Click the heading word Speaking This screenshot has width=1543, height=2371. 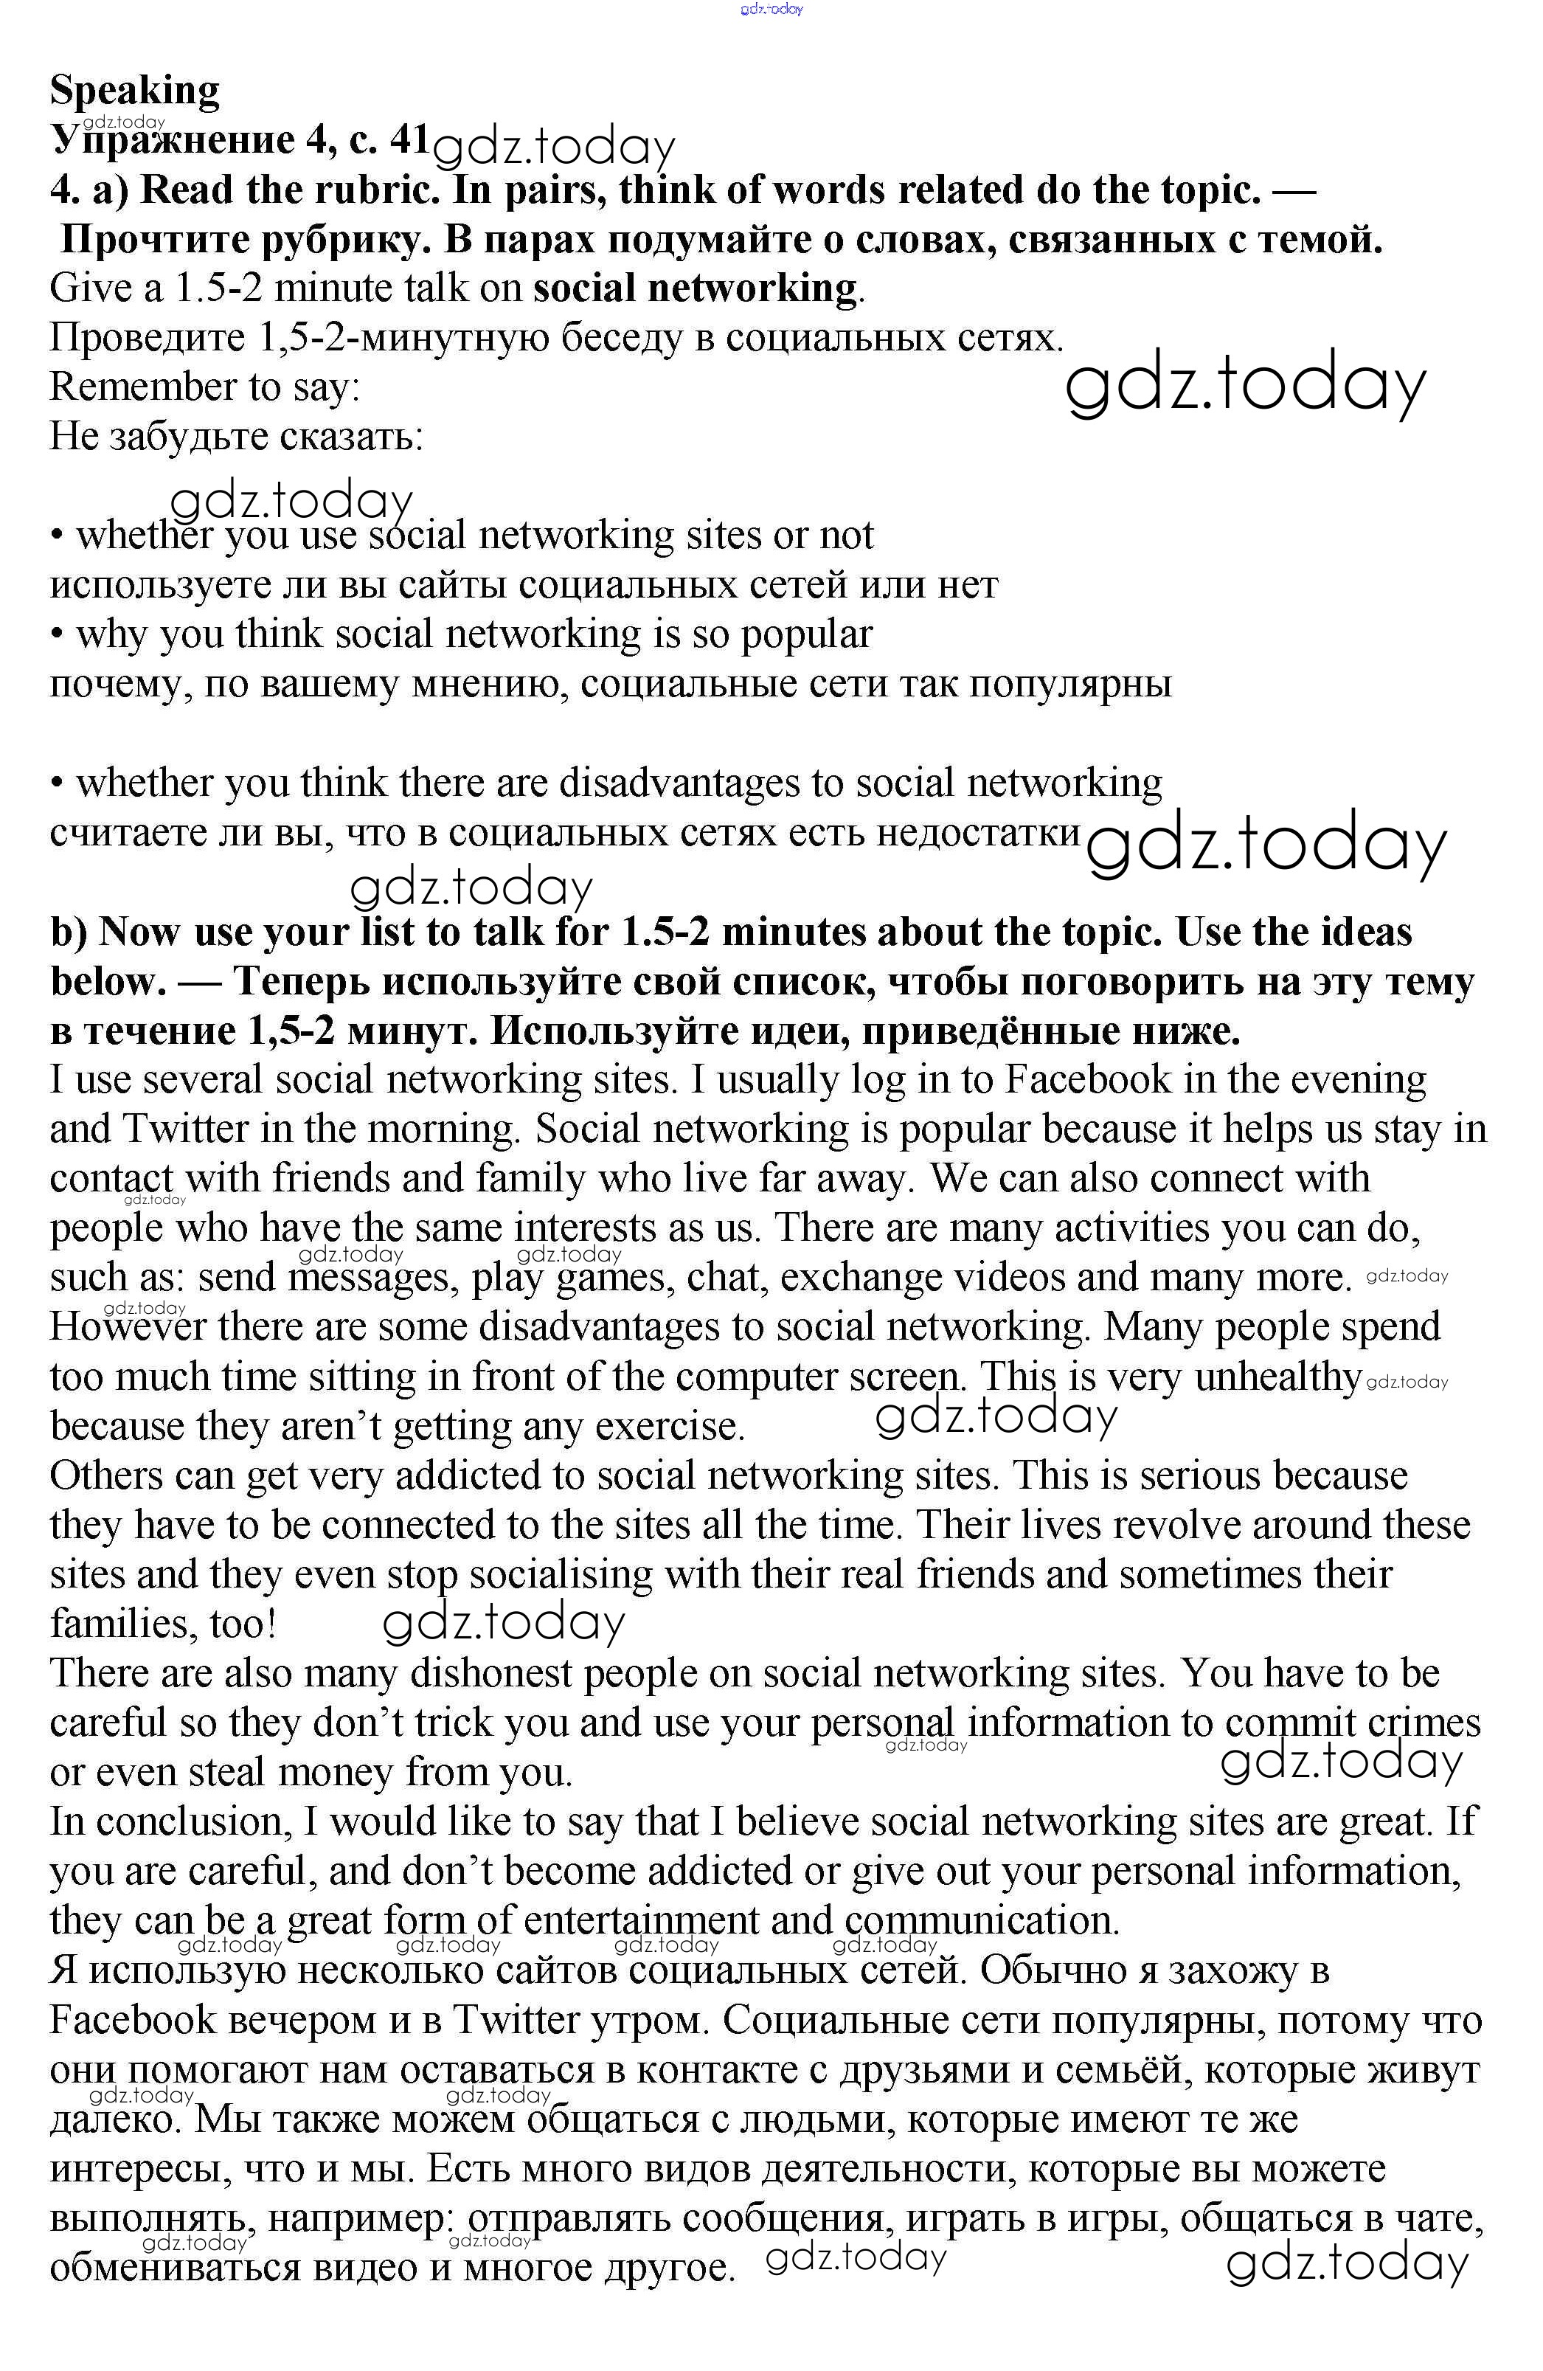[x=134, y=91]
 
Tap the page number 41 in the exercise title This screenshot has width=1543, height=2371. [x=409, y=139]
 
